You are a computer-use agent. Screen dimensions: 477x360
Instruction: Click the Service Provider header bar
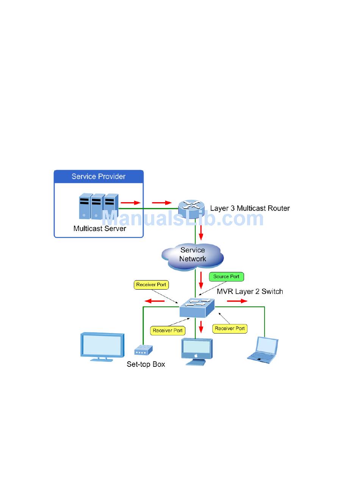coord(99,176)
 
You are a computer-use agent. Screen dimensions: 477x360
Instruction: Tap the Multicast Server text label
coord(100,229)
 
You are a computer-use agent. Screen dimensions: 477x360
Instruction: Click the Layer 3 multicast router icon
coord(192,207)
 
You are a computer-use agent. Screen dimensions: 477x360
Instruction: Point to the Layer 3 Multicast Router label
coord(250,208)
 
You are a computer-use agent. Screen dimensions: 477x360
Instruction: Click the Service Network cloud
coord(193,255)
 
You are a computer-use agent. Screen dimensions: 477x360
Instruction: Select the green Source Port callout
coord(226,277)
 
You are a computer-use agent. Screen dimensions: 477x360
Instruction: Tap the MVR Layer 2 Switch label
coord(250,291)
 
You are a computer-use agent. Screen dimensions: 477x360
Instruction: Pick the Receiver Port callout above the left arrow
coord(151,285)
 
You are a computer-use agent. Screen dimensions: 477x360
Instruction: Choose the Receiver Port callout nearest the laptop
coord(230,329)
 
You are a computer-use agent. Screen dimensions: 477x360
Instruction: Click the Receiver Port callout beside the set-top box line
coord(167,330)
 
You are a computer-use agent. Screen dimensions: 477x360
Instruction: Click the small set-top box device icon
coord(143,351)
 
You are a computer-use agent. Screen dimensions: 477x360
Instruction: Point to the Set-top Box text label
coord(146,365)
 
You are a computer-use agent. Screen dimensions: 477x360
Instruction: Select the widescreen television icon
coord(102,346)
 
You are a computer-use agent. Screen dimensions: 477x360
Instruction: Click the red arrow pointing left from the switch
coord(155,301)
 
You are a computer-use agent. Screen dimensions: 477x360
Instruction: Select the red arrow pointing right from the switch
coord(237,301)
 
